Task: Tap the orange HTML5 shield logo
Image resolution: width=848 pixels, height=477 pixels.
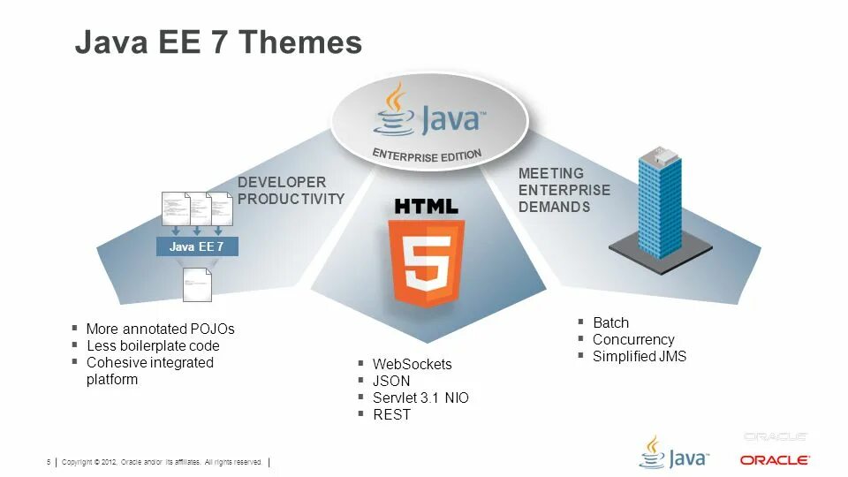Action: pos(426,262)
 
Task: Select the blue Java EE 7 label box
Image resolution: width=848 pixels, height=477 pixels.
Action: pos(197,246)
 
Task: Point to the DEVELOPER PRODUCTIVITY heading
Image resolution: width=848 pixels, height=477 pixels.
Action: pos(291,191)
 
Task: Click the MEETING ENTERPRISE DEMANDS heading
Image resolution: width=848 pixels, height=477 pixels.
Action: pos(564,190)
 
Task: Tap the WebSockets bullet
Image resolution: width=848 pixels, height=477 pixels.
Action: pos(412,364)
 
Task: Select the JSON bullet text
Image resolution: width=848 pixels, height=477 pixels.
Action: pos(391,381)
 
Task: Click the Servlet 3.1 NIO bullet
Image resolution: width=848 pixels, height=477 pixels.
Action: pos(420,397)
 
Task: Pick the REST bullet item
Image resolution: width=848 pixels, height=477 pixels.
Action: pos(391,414)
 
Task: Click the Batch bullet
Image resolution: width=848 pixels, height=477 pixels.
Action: pos(610,322)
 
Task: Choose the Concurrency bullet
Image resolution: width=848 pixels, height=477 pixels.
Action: pos(632,339)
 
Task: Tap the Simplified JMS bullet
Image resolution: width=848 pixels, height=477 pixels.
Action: pos(639,356)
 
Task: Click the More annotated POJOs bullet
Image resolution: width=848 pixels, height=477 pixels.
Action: pos(160,329)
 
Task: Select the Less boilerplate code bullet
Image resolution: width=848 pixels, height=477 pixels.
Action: pos(153,345)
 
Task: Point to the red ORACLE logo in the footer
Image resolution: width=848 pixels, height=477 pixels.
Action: pos(775,460)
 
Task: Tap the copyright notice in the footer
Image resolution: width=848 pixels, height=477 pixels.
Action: pos(162,462)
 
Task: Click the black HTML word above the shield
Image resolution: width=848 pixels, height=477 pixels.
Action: pos(426,207)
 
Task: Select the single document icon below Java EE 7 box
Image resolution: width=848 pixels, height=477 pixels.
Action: pos(197,284)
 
